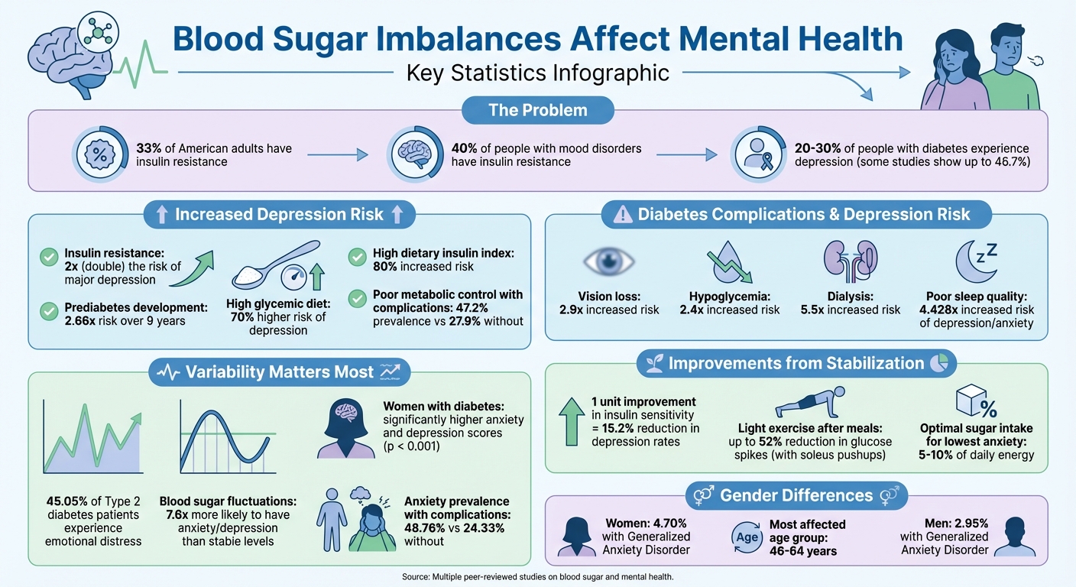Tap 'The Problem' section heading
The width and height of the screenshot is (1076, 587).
tap(538, 110)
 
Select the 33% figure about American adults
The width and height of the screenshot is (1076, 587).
tap(148, 148)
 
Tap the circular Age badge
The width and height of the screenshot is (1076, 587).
tap(747, 537)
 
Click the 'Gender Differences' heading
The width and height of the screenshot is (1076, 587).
tap(796, 496)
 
